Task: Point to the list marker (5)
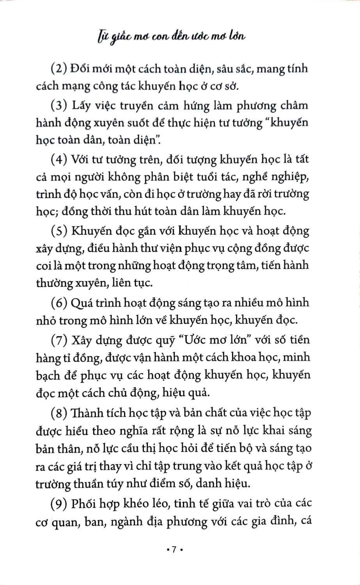(60, 231)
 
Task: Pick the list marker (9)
(60, 504)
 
